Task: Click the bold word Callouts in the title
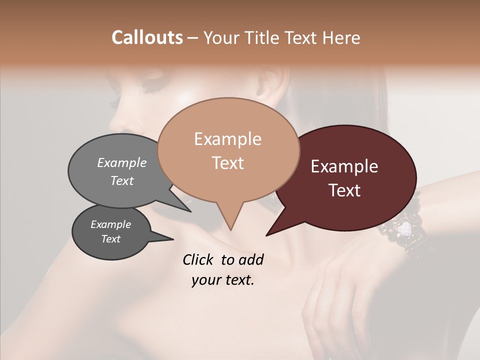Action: pos(147,37)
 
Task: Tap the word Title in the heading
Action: pos(264,37)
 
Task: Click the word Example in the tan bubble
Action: pos(227,139)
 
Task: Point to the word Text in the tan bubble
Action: pos(227,163)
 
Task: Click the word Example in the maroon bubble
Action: pos(344,166)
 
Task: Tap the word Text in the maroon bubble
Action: pos(344,190)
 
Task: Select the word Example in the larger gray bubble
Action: pos(122,162)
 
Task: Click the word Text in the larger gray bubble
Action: pos(122,180)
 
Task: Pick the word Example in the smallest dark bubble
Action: pos(110,224)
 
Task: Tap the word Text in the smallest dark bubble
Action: pos(110,239)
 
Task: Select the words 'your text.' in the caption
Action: pos(222,280)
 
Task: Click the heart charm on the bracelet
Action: pos(403,229)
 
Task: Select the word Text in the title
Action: pos(302,37)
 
